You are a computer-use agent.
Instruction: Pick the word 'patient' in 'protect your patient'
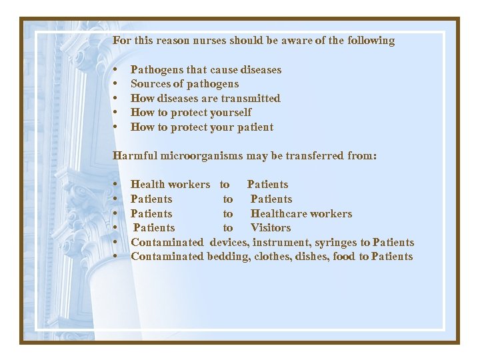coord(252,127)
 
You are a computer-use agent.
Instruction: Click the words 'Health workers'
coord(170,185)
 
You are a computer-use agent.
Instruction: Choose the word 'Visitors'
coord(271,228)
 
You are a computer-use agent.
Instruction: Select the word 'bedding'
coord(229,257)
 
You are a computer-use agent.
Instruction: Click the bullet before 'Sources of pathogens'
coord(116,85)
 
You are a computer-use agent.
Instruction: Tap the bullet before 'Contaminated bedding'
coord(116,257)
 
